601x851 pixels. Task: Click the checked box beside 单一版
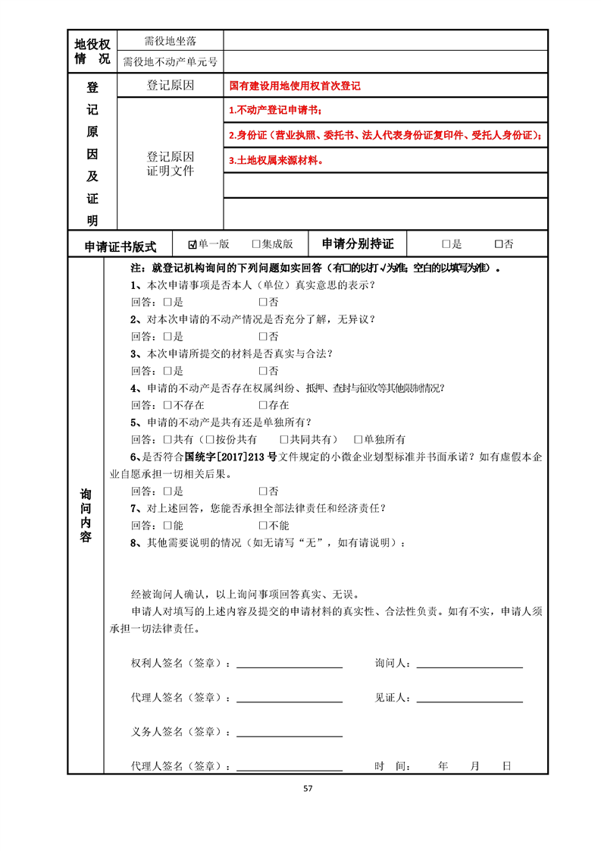pos(193,244)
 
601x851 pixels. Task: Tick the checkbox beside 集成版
pos(256,244)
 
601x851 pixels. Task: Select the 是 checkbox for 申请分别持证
pos(446,244)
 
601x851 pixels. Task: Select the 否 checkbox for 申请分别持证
pos(499,244)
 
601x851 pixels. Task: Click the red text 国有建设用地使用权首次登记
pos(295,86)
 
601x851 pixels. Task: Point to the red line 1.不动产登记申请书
pos(275,111)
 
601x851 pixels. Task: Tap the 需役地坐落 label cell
pos(171,40)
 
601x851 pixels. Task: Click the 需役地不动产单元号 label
pos(171,61)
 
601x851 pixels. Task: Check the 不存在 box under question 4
pos(167,405)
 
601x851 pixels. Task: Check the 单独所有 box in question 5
pos(358,439)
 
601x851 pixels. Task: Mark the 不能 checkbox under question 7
pos(263,525)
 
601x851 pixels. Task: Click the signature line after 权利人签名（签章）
pos(290,665)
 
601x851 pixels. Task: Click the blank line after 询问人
pos(469,665)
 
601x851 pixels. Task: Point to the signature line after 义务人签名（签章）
pos(290,733)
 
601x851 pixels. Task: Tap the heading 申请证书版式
pos(120,246)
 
